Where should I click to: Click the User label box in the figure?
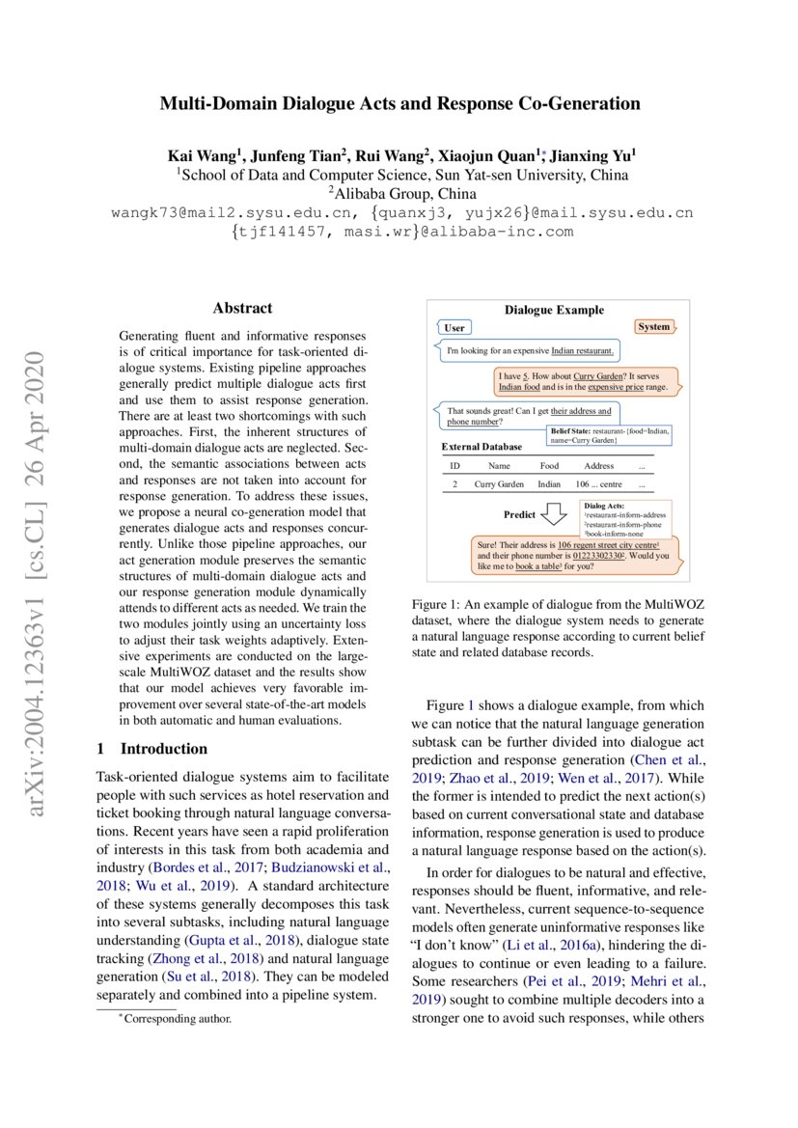(x=454, y=328)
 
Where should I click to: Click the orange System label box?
(x=653, y=327)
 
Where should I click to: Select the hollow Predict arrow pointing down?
(x=554, y=516)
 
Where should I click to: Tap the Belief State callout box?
(x=610, y=435)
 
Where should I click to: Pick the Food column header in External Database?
(x=548, y=465)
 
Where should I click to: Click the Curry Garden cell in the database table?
(x=499, y=484)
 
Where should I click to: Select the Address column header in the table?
(x=598, y=465)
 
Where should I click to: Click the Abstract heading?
(x=242, y=309)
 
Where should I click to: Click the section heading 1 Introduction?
(x=152, y=749)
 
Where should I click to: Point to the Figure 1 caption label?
(x=437, y=604)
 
